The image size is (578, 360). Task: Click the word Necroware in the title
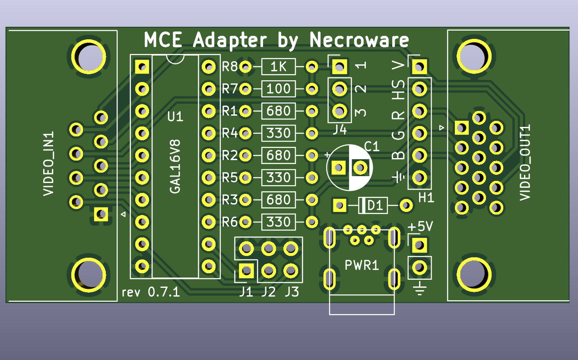pyautogui.click(x=359, y=40)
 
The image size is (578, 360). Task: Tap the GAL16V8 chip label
pyautogui.click(x=175, y=166)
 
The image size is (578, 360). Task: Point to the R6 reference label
pyautogui.click(x=230, y=222)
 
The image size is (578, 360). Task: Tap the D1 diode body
pyautogui.click(x=374, y=205)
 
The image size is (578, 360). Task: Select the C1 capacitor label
pyautogui.click(x=372, y=146)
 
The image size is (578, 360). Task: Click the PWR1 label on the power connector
pyautogui.click(x=362, y=265)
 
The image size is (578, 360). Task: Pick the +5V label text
pyautogui.click(x=420, y=227)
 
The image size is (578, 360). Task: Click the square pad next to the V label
pyautogui.click(x=419, y=67)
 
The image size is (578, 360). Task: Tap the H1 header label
pyautogui.click(x=426, y=198)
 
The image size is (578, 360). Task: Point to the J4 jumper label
pyautogui.click(x=340, y=129)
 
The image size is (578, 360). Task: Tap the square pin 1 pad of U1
pyautogui.click(x=142, y=67)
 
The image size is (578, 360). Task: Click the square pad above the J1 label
pyautogui.click(x=246, y=271)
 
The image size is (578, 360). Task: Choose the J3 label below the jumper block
pyautogui.click(x=292, y=292)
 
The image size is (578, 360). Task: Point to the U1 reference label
pyautogui.click(x=175, y=117)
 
